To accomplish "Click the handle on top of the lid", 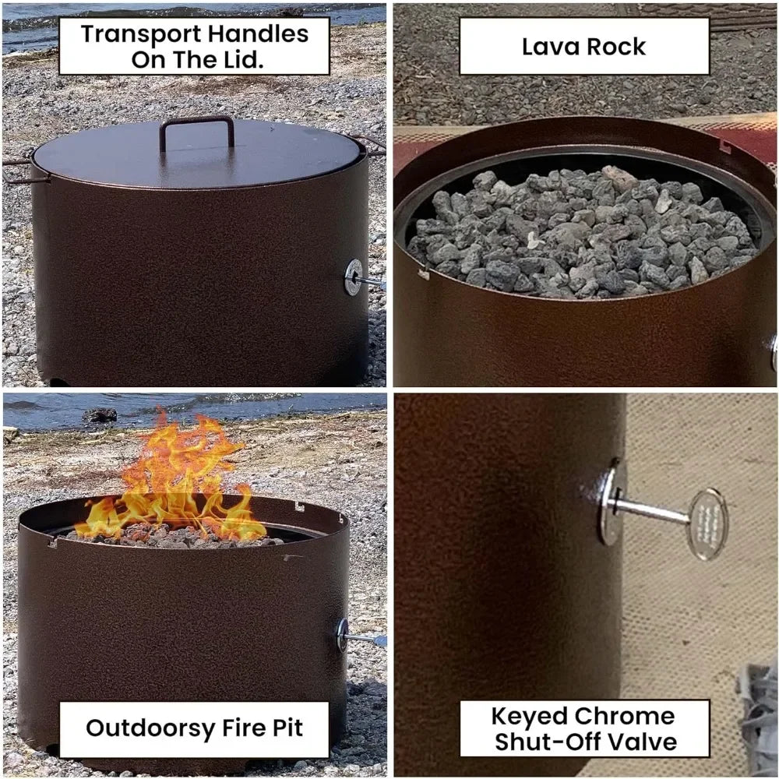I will (196, 123).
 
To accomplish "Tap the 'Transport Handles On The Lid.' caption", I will (194, 46).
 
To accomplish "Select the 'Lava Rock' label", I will (583, 46).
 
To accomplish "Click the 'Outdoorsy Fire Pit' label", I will (194, 728).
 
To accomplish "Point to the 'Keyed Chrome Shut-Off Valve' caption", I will (583, 728).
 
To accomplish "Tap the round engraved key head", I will (707, 523).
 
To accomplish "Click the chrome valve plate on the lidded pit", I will (354, 277).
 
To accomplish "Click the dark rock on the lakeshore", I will (99, 415).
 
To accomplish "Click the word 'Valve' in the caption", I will (638, 742).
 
